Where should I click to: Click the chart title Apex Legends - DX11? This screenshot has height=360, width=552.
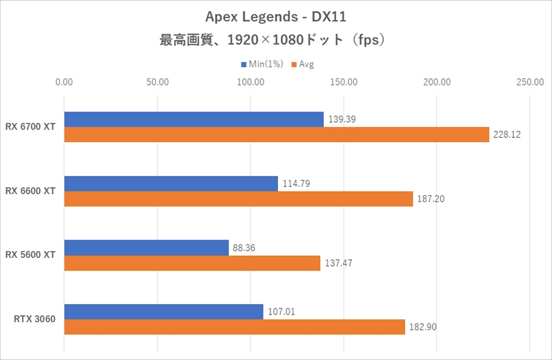pos(275,16)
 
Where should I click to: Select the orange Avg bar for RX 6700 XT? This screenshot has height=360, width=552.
pos(276,134)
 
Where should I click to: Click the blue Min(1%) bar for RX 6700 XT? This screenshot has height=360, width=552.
pos(193,119)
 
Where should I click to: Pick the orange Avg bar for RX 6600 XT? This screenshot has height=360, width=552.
pos(238,199)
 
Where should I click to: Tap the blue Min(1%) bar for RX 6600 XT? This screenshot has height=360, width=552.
pos(170,183)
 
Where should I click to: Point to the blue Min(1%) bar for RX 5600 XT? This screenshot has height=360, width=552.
pos(146,248)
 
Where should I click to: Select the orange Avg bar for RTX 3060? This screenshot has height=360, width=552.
pos(234,327)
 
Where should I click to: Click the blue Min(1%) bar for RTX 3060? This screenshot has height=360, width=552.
pos(164,312)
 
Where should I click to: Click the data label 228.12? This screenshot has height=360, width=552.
pos(506,134)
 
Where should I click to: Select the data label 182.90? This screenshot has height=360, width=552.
pos(422,327)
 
